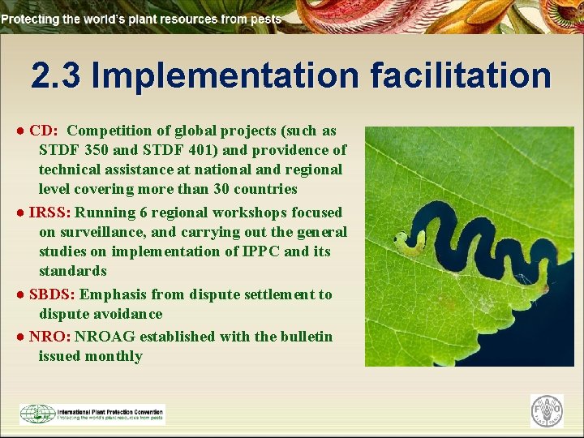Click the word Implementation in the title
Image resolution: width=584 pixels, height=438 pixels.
tap(225, 75)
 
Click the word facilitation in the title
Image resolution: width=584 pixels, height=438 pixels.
tap(461, 75)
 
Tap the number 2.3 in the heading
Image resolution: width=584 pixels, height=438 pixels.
tap(57, 75)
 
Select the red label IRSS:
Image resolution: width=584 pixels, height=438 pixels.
tap(50, 213)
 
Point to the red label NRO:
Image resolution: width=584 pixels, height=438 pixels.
tap(49, 337)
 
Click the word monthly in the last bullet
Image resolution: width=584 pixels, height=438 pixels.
tap(114, 356)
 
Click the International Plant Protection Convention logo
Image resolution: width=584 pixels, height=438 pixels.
tap(92, 414)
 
